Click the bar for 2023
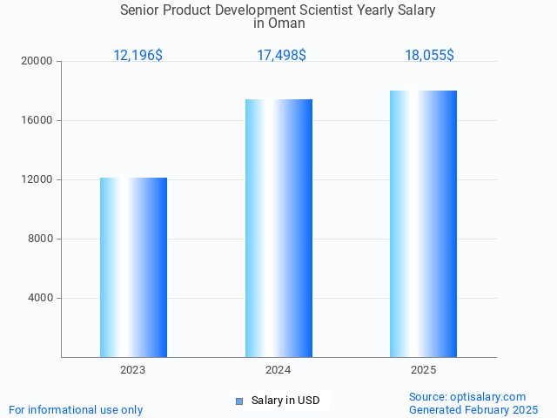pos(133,267)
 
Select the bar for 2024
pos(278,228)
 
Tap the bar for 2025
pos(424,224)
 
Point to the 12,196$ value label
pos(138,56)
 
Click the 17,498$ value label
pos(281,56)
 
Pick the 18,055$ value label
pos(429,56)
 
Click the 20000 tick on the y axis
pos(38,62)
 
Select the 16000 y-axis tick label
pos(38,121)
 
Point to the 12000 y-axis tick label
pos(38,180)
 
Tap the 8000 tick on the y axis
pos(41,239)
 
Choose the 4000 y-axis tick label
pos(41,299)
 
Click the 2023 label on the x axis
pos(133,370)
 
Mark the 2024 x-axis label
pos(278,370)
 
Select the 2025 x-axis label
pos(424,370)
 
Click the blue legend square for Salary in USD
pos(239,401)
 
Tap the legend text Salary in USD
pos(285,401)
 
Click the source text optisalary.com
pos(493,397)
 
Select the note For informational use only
pos(76,410)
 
